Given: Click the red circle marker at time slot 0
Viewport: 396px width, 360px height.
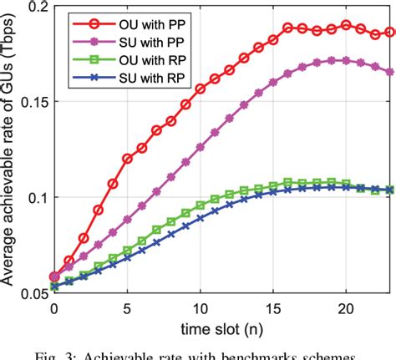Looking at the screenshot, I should (54, 276).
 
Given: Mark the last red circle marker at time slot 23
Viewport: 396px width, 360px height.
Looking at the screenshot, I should (390, 33).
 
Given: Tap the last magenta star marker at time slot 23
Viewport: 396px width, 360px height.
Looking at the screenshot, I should (390, 72).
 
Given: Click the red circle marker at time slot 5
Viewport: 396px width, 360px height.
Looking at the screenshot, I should (128, 158).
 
